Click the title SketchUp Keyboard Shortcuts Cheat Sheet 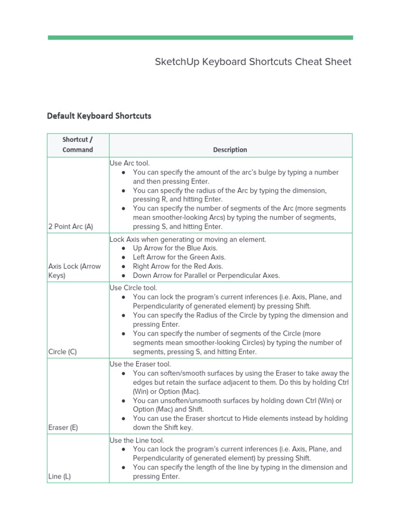coord(253,62)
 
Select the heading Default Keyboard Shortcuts coord(99,116)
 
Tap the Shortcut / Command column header coord(78,145)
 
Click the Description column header coord(230,150)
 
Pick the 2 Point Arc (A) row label coord(70,227)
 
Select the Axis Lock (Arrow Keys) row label coord(74,271)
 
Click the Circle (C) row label coord(62,352)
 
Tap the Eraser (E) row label coord(63,428)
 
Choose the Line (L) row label coord(59,476)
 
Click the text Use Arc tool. coord(129,163)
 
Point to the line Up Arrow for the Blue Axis coord(175,248)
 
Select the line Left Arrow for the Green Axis coord(179,257)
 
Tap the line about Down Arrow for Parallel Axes coord(206,275)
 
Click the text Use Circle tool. coord(133,288)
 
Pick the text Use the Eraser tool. coord(140,364)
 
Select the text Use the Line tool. coord(137,440)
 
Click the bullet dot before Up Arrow coord(123,248)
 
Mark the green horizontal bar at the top coord(200,37)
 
